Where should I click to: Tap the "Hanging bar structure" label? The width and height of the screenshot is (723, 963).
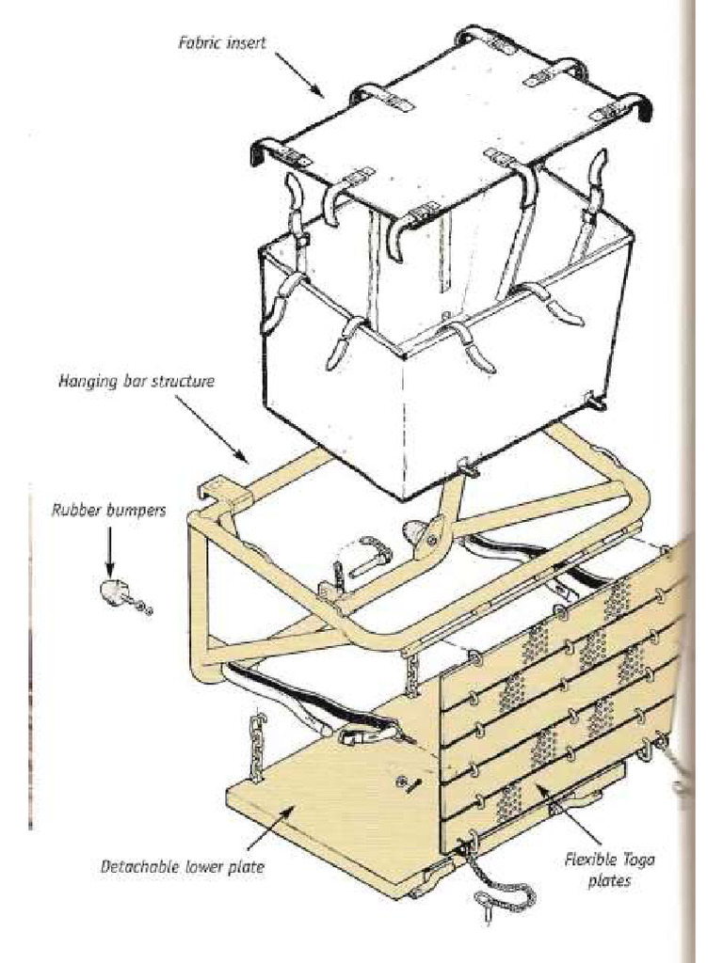137,382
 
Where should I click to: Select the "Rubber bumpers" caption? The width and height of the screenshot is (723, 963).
108,511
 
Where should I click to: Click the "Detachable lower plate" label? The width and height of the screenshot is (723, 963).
182,866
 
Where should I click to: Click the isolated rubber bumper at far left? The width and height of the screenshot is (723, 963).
112,592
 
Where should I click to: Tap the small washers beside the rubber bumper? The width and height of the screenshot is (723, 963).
142,608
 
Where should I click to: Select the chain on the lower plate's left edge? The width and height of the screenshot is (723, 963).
257,744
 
